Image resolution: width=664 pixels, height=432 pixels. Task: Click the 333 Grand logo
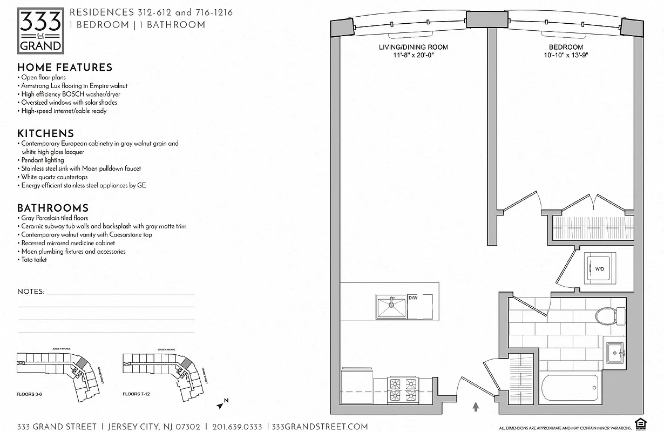[x=40, y=31]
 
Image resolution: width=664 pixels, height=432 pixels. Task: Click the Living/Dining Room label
[x=413, y=48]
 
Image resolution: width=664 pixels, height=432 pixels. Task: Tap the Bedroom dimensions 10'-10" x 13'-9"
[x=566, y=55]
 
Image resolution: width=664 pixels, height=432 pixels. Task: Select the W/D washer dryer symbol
[x=599, y=268]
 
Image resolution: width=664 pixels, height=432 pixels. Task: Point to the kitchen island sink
[x=391, y=307]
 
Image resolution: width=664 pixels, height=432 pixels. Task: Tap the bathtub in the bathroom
[x=570, y=388]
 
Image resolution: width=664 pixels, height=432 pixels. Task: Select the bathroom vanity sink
[x=614, y=354]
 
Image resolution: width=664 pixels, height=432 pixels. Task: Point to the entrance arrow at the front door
[x=476, y=406]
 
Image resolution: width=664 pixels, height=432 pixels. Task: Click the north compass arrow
[x=222, y=403]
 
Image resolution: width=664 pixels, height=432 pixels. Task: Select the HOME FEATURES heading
[x=65, y=67]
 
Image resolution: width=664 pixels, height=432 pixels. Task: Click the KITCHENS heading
[x=45, y=133]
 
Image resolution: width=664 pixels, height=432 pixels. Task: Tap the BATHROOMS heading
[x=52, y=208]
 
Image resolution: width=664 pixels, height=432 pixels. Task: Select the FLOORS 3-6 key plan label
[x=29, y=394]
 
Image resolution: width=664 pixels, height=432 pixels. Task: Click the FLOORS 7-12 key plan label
[x=136, y=394]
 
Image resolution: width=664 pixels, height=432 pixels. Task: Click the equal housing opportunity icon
[x=641, y=426]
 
